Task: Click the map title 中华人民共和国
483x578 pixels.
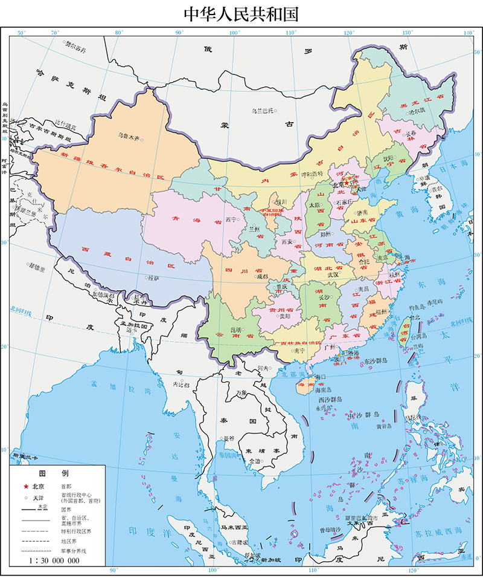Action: [241, 13]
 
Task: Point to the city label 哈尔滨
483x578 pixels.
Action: [417, 111]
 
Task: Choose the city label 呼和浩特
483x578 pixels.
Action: [312, 173]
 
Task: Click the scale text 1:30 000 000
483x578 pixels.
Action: [54, 560]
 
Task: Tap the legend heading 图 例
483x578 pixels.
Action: [54, 473]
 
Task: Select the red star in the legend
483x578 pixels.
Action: [26, 486]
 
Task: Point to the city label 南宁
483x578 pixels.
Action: [298, 350]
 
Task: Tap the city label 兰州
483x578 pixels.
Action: [255, 230]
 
